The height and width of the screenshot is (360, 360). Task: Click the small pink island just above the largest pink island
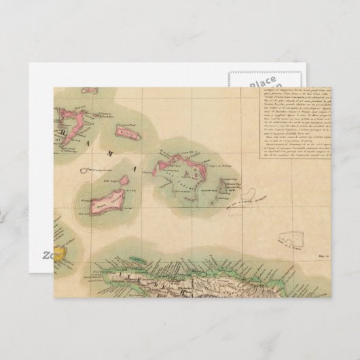pyautogui.click(x=125, y=181)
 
